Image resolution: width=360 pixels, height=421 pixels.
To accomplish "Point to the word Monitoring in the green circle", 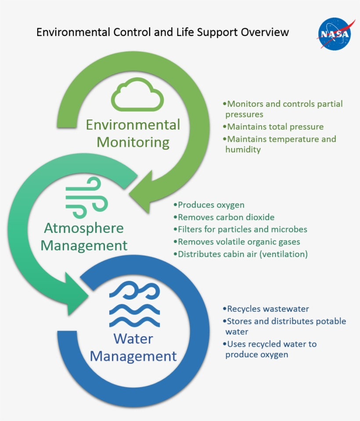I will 133,142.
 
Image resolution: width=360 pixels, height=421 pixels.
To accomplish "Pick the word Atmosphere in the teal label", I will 84,228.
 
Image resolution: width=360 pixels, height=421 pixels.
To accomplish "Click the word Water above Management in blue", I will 133,339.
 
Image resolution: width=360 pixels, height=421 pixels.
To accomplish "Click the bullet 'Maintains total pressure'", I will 275,127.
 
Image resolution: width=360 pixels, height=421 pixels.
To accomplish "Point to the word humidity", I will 243,149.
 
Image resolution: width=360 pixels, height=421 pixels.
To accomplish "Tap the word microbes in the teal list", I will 292,229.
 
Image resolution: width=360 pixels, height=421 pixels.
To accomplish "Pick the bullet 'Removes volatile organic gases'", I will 239,242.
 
